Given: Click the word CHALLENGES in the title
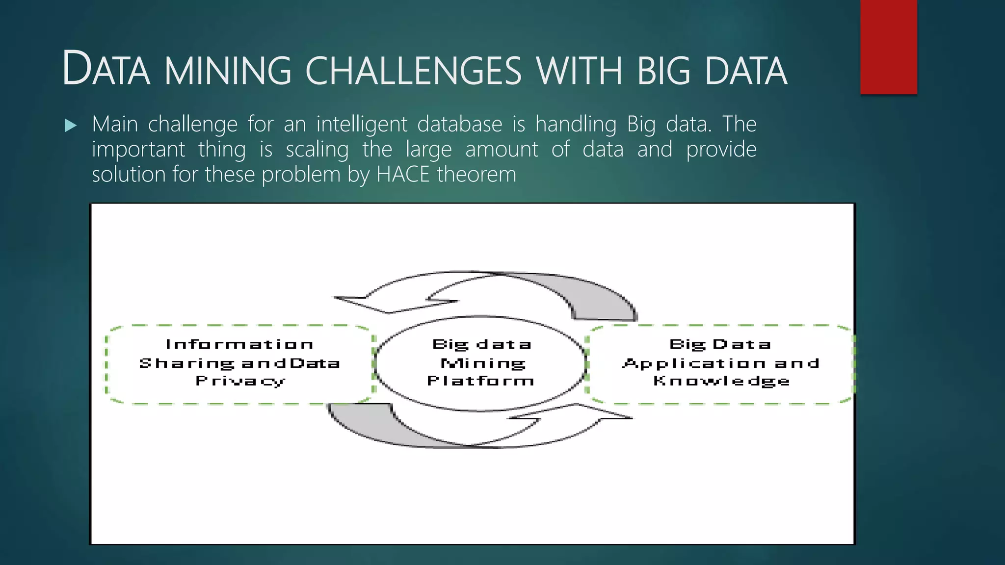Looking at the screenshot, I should point(413,71).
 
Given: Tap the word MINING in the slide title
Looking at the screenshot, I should point(228,71).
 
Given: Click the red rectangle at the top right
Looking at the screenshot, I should point(888,47).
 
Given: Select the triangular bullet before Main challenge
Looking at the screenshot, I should point(71,126).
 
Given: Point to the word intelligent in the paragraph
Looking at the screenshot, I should point(362,125).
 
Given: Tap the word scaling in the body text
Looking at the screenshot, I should point(317,150).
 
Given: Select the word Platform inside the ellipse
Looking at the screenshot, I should point(480,381).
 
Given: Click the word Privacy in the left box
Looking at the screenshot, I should point(240,381).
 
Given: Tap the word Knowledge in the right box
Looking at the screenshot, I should point(721,381).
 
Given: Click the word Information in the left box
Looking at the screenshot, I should point(239,344).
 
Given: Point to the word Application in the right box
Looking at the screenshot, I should point(693,363).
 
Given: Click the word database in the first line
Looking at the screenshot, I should point(459,125).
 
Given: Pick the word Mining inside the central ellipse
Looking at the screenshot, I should point(483,363).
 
